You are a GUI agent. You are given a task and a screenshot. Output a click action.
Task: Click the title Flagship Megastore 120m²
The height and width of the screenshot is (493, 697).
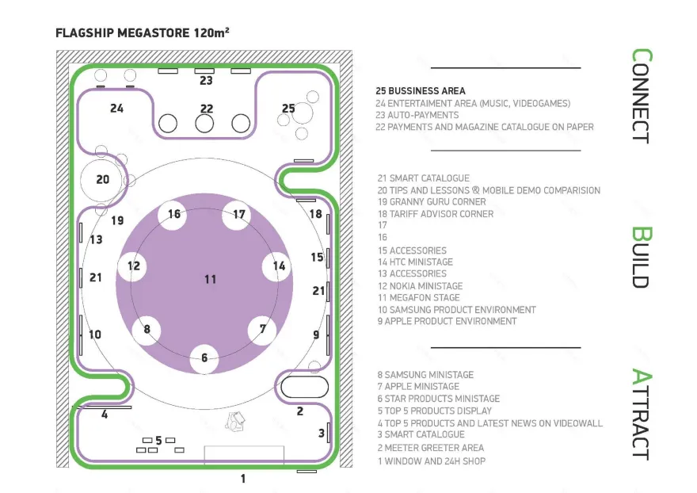[x=143, y=33]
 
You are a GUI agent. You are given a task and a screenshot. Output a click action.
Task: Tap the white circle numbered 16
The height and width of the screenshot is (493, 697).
[x=173, y=215]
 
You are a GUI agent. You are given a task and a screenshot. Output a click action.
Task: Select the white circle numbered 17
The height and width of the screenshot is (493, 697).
[x=237, y=215]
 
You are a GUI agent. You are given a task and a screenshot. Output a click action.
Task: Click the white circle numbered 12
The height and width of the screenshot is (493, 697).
[x=132, y=266]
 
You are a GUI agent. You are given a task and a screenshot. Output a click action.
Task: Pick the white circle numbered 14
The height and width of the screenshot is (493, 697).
[x=278, y=266]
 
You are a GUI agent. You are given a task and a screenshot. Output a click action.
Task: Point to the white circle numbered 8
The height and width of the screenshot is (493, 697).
[x=147, y=329]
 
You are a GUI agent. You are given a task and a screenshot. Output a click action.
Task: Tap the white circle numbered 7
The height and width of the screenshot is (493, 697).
[x=263, y=329]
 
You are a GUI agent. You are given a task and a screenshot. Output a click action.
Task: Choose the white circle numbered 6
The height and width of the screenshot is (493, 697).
[x=204, y=358]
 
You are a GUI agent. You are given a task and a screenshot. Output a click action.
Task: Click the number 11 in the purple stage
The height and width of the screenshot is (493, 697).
[x=210, y=279]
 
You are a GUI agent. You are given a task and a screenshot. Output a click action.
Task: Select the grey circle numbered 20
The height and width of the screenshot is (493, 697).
[x=103, y=180]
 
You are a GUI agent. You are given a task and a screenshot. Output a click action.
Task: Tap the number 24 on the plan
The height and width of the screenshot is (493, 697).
[x=117, y=109]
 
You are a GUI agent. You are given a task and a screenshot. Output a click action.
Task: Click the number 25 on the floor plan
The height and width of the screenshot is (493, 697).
[x=288, y=109]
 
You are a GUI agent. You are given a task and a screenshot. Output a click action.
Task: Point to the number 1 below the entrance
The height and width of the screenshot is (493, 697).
[x=243, y=479]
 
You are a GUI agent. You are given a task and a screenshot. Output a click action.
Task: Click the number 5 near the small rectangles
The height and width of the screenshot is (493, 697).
[x=158, y=441]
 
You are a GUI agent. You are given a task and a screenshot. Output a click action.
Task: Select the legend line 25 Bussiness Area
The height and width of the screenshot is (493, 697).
[x=421, y=91]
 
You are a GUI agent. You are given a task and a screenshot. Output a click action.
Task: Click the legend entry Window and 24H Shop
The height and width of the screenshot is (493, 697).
[x=431, y=461]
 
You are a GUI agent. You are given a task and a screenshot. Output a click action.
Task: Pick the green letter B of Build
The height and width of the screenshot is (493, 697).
[x=641, y=235]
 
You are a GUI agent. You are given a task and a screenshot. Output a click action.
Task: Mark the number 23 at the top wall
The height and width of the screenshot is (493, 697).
[x=206, y=81]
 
